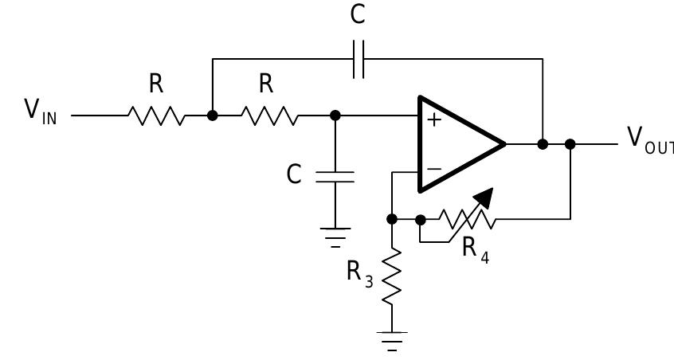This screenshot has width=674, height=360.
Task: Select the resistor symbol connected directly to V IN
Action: [156, 115]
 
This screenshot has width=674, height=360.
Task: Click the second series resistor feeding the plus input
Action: [272, 115]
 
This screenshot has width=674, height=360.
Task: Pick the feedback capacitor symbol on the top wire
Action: [359, 59]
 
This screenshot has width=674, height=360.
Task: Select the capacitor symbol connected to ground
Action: [335, 176]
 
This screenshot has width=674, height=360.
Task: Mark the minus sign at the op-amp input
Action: [434, 168]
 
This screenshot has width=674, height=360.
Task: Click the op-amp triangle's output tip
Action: [504, 144]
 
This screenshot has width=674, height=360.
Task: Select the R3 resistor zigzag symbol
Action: [392, 276]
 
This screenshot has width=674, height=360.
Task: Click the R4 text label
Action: [475, 249]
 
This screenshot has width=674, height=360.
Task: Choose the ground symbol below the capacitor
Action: [335, 234]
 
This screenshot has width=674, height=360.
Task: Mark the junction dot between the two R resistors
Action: [213, 115]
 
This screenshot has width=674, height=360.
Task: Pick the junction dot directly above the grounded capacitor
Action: [335, 115]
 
